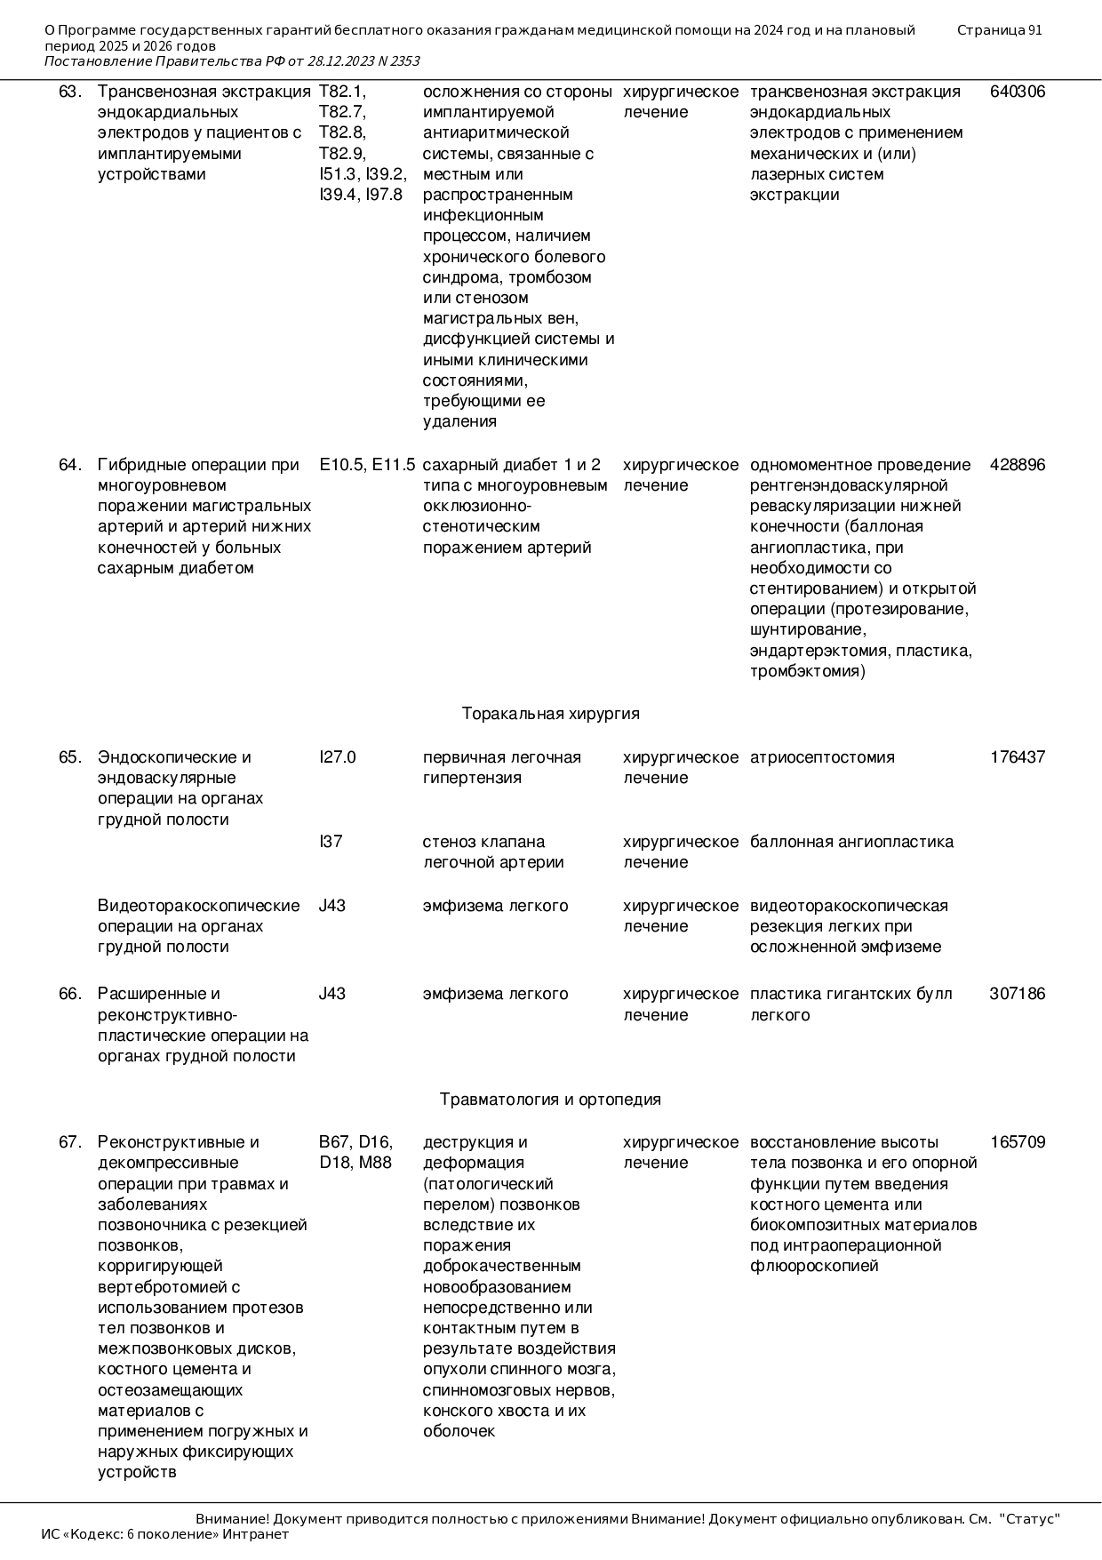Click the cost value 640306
point(1018,92)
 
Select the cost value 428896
point(1018,465)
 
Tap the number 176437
point(1018,757)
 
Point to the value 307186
point(1018,994)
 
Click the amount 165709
point(1018,1142)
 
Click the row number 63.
point(70,92)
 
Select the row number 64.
point(70,465)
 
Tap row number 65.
point(70,757)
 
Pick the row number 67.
point(70,1142)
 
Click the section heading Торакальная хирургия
point(550,714)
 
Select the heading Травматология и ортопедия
point(550,1100)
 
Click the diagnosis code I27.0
point(337,757)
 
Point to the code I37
point(331,842)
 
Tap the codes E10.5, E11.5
point(367,465)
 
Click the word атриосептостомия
point(822,757)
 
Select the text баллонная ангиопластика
point(851,842)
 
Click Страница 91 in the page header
point(999,30)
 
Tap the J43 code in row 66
point(332,994)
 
